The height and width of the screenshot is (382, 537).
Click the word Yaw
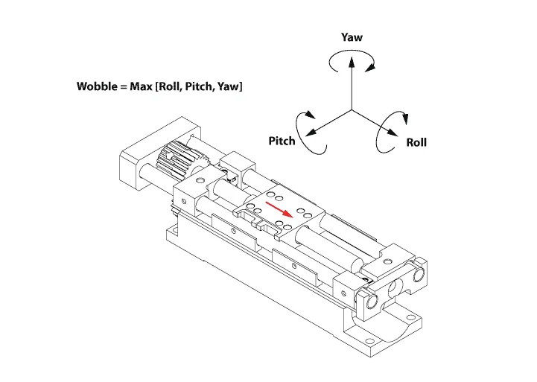352,37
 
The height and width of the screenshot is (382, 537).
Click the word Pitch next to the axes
282,141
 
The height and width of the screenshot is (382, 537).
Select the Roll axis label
416,142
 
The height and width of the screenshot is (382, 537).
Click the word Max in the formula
142,86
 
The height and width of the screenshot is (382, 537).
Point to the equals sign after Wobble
122,86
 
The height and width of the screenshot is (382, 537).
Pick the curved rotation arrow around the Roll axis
393,130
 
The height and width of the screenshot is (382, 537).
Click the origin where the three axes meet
352,110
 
